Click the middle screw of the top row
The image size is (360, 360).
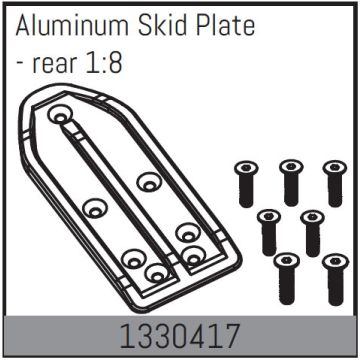(290, 181)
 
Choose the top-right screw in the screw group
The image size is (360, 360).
(334, 181)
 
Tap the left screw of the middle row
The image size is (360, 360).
(268, 230)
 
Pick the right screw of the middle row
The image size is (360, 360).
(312, 230)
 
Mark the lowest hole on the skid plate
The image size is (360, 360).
(154, 271)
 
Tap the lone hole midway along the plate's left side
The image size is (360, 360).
(95, 209)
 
